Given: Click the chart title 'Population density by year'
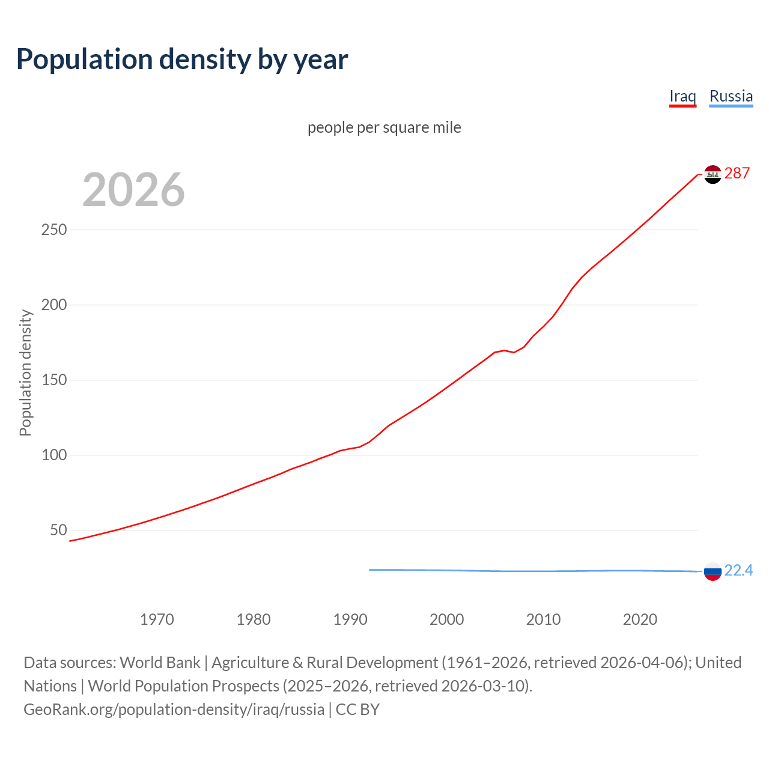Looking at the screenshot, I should pos(182,59).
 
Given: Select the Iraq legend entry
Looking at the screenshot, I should pos(682,96).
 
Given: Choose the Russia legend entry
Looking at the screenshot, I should pos(731,96).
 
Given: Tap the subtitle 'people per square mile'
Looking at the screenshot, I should pos(384,128).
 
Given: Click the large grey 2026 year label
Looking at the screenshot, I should pos(133,190).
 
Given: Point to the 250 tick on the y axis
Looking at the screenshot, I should pos(54,230).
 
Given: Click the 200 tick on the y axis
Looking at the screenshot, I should pos(54,305).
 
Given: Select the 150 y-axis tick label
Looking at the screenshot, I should pos(54,380).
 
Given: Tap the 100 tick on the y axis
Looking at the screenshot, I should pos(54,455).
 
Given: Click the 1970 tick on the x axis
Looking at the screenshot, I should pos(157,619).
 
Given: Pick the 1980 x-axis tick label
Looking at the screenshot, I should pos(254,619).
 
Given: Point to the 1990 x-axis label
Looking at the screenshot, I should pos(350,619).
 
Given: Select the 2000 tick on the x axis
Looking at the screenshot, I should pos(446,619).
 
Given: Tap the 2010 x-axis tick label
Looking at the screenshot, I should pos(543,619).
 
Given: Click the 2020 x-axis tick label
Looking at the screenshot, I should pos(640,619).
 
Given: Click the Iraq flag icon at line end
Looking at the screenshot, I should pos(713,174).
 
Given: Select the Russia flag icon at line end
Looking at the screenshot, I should pos(713,571).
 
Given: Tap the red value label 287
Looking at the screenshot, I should pos(737,174).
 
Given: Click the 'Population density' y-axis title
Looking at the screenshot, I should pos(25,372).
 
